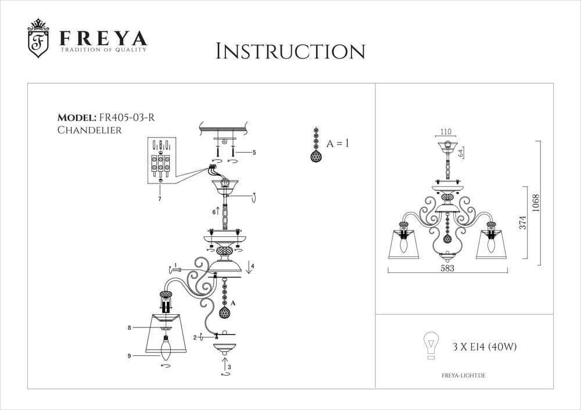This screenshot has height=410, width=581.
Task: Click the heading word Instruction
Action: click(290, 51)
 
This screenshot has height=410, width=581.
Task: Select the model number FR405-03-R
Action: click(126, 117)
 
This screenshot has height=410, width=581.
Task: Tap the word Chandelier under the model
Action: click(89, 131)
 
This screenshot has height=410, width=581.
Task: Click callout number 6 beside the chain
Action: click(214, 213)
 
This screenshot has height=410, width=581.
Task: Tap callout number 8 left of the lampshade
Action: click(129, 328)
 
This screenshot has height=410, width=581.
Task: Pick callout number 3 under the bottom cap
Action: click(229, 367)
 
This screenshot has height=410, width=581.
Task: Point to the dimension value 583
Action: click(446, 268)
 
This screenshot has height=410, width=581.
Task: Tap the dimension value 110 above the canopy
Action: click(446, 131)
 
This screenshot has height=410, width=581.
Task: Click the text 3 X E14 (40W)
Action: click(485, 347)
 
